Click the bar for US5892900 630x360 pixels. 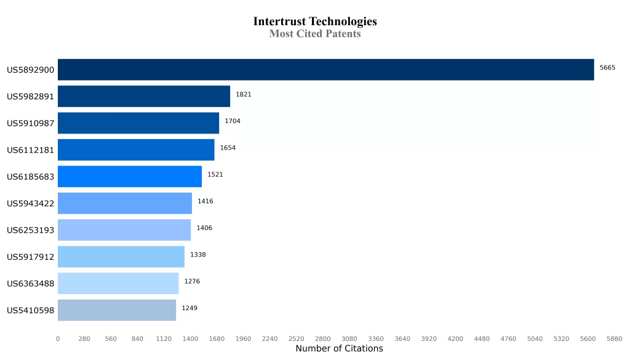(325, 70)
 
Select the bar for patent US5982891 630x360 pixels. (144, 97)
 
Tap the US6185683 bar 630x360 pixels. (130, 177)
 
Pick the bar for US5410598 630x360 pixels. (117, 310)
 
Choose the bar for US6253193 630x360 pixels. (124, 230)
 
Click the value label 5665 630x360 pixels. (607, 68)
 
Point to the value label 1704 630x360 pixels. (233, 121)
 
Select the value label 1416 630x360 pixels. (205, 201)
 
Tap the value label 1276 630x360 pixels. (192, 281)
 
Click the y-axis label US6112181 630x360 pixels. (31, 150)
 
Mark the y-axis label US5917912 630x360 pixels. (31, 257)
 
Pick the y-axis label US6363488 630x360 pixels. (31, 284)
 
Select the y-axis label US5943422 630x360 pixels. (31, 204)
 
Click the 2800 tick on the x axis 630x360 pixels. (322, 338)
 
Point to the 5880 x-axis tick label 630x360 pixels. (614, 338)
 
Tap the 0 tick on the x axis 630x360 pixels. (58, 338)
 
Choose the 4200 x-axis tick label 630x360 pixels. (455, 338)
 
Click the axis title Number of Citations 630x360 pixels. (339, 349)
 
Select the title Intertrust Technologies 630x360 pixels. (315, 22)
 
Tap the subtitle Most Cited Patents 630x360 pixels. (315, 34)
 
